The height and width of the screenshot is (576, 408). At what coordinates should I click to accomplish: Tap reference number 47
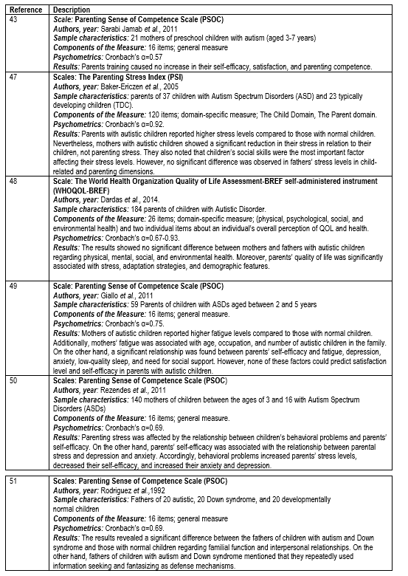[x=13, y=76]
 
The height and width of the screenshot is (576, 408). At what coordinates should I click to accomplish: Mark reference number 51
[x=13, y=481]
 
